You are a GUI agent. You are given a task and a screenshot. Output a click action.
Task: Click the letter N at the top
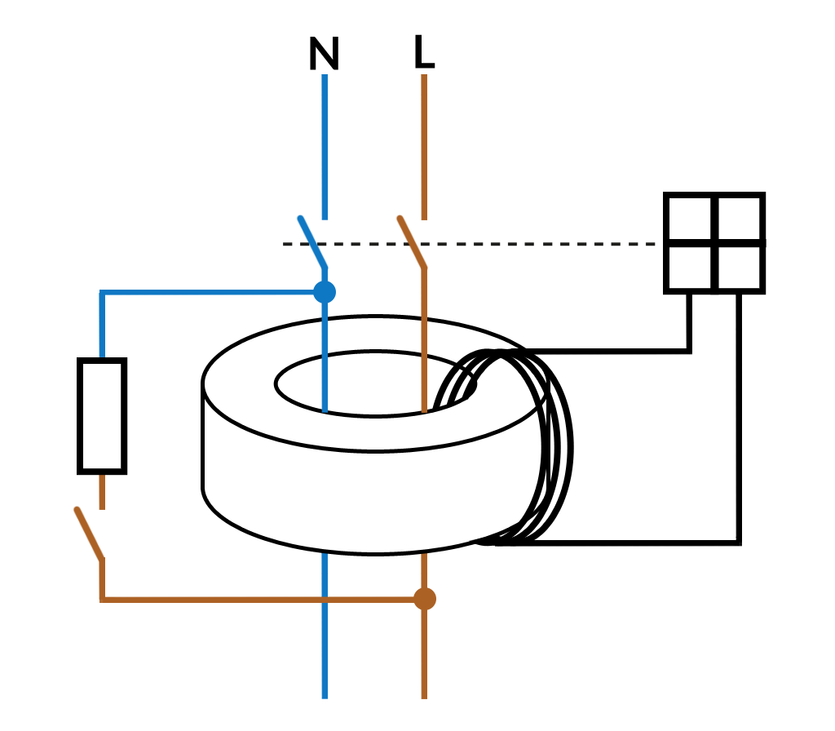[x=324, y=55]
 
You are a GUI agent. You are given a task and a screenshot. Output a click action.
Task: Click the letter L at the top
[x=424, y=53]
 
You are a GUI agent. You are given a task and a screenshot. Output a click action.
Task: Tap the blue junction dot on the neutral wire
[x=325, y=291]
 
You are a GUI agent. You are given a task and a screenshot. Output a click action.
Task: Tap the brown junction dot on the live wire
[x=424, y=599]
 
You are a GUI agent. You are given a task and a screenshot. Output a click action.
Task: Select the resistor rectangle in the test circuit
[x=102, y=415]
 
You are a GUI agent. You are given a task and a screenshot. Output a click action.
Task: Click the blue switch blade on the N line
[x=312, y=242]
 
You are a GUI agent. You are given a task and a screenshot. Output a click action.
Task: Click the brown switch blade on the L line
[x=412, y=242]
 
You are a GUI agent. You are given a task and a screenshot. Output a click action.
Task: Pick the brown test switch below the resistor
[x=88, y=534]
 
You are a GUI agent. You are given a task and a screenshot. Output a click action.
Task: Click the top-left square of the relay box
[x=690, y=218]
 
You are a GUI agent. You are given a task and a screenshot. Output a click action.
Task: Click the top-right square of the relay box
[x=740, y=218]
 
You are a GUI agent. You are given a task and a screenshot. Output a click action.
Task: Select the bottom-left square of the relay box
[x=690, y=267]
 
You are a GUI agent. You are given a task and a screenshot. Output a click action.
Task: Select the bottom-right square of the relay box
[x=740, y=267]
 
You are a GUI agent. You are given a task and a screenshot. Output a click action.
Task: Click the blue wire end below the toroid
[x=325, y=685]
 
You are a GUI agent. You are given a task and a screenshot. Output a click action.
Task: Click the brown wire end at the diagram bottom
[x=424, y=685]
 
